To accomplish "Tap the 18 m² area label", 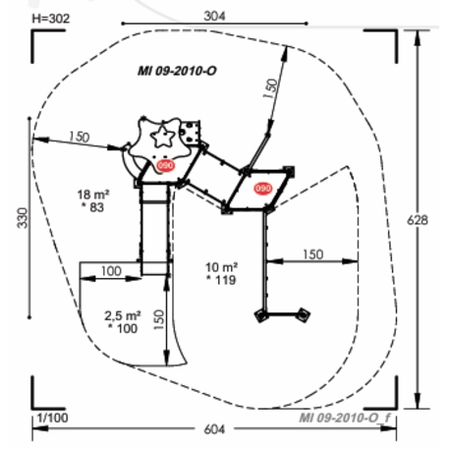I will (93, 195).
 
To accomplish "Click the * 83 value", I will (94, 208).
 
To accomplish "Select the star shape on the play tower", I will (163, 134).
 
